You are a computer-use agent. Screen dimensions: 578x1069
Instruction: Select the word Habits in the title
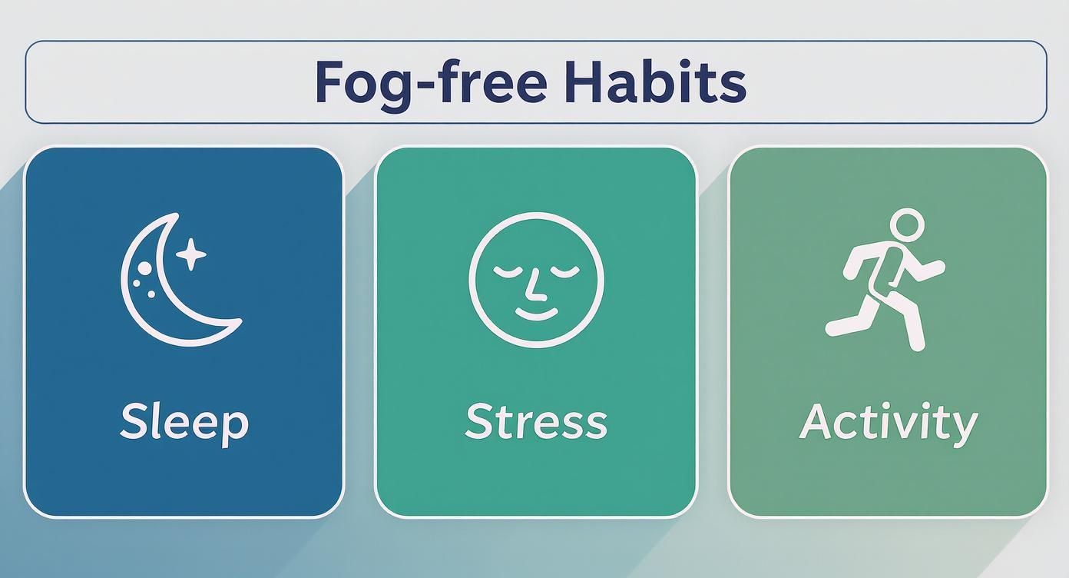654,82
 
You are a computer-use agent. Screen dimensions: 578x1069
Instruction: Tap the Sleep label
184,422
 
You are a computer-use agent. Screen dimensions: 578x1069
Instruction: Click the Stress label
536,422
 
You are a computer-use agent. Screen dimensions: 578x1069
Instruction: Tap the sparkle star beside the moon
190,254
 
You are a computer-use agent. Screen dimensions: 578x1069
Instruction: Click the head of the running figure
907,225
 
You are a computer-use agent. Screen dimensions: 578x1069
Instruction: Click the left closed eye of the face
507,271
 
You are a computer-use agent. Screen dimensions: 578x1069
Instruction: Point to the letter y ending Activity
965,427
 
